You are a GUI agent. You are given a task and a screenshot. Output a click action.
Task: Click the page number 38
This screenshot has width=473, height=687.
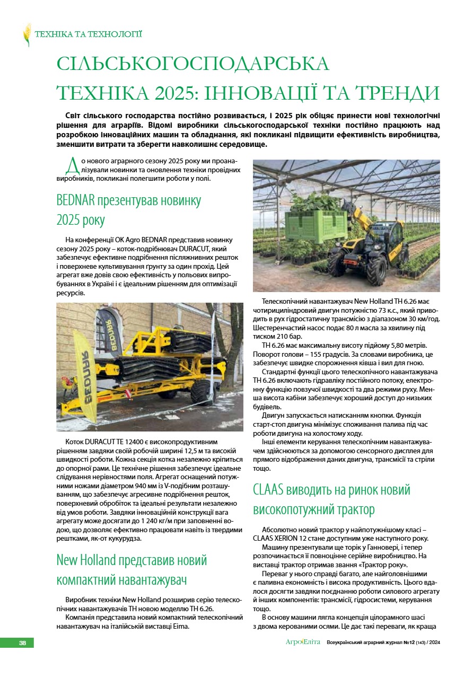[x=23, y=643]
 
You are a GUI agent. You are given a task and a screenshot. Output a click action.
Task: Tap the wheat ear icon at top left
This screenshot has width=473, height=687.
[x=27, y=35]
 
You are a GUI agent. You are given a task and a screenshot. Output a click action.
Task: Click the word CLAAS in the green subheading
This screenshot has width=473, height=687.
[x=270, y=489]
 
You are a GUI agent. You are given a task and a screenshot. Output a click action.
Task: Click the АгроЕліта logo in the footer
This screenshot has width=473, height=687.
[x=303, y=642]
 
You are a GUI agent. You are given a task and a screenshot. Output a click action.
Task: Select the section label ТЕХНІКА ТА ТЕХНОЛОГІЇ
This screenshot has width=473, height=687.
[x=89, y=35]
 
